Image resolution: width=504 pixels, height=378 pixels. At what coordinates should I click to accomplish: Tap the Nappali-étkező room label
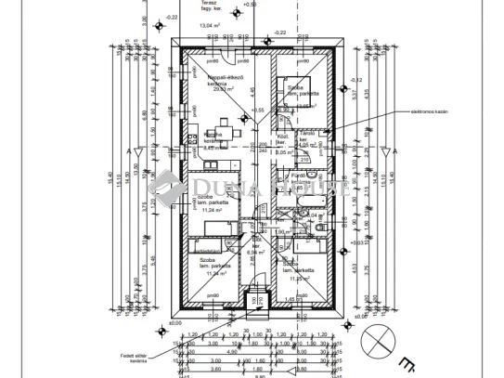click(222, 78)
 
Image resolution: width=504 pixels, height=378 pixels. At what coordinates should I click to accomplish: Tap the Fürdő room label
click(299, 174)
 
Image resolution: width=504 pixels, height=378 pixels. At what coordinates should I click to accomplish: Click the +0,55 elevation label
click(259, 110)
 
